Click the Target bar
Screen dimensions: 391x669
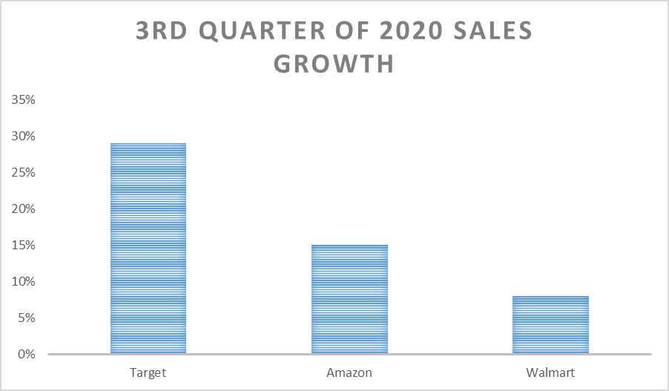(x=148, y=249)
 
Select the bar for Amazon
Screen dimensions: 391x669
(x=349, y=299)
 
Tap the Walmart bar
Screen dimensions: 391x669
(x=551, y=325)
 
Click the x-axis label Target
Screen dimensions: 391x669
(x=148, y=372)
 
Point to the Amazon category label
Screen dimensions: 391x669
(x=349, y=372)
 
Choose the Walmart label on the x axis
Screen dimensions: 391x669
(x=551, y=372)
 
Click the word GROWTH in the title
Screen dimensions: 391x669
(x=334, y=64)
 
